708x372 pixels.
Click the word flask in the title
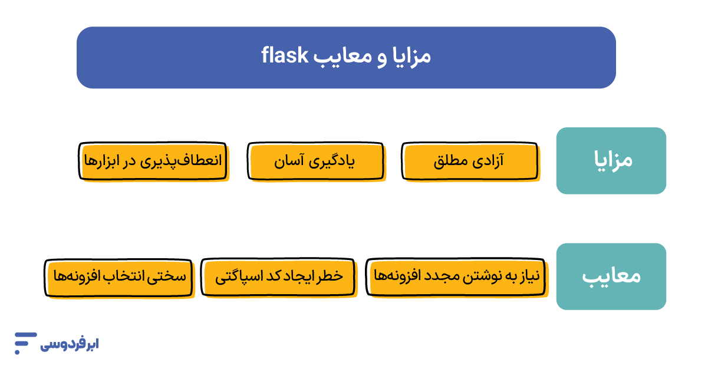tap(285, 57)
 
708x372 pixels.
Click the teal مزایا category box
tap(611, 160)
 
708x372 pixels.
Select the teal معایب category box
tap(611, 276)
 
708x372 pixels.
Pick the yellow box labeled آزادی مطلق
tap(469, 160)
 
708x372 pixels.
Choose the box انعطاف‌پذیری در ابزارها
tap(152, 160)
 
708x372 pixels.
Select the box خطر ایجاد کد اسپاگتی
tap(278, 276)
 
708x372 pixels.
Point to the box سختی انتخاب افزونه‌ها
tap(118, 276)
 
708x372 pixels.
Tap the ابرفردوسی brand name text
tap(69, 344)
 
